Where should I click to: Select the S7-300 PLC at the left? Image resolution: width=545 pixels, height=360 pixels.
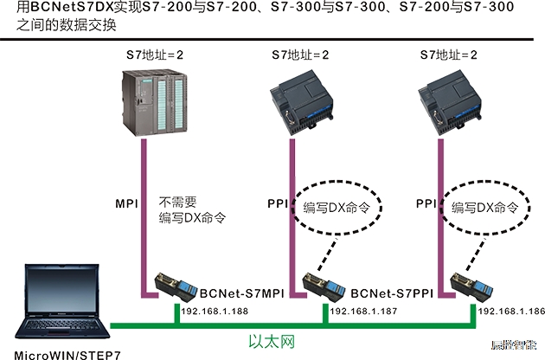click(154, 103)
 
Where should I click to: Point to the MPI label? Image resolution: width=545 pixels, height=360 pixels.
click(127, 205)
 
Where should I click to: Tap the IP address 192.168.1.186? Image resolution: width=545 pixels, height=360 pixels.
click(510, 310)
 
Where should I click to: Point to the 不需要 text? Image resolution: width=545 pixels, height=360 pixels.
click(179, 201)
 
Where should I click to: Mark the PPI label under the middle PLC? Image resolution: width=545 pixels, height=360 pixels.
click(279, 205)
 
